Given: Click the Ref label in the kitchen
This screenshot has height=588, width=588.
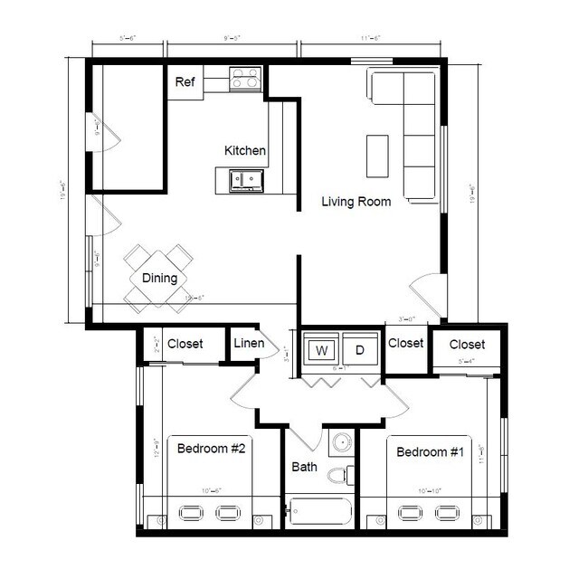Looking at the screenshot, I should tap(185, 82).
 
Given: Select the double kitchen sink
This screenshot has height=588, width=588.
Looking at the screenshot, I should tap(243, 179).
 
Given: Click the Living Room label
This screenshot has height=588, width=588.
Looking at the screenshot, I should tap(356, 202).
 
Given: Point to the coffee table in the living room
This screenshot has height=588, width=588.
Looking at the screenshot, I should tap(377, 156).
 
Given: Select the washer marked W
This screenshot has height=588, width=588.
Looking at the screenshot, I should tap(321, 349).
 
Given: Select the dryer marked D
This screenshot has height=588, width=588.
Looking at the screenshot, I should tap(359, 349).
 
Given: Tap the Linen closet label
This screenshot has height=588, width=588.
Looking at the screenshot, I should tap(248, 344).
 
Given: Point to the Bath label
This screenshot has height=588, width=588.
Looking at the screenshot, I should tap(304, 468).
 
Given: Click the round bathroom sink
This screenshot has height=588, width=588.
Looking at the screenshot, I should tap(340, 442).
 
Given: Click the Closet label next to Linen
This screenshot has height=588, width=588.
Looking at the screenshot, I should tap(185, 344).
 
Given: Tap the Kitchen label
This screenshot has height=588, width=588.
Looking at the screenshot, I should tap(245, 150).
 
